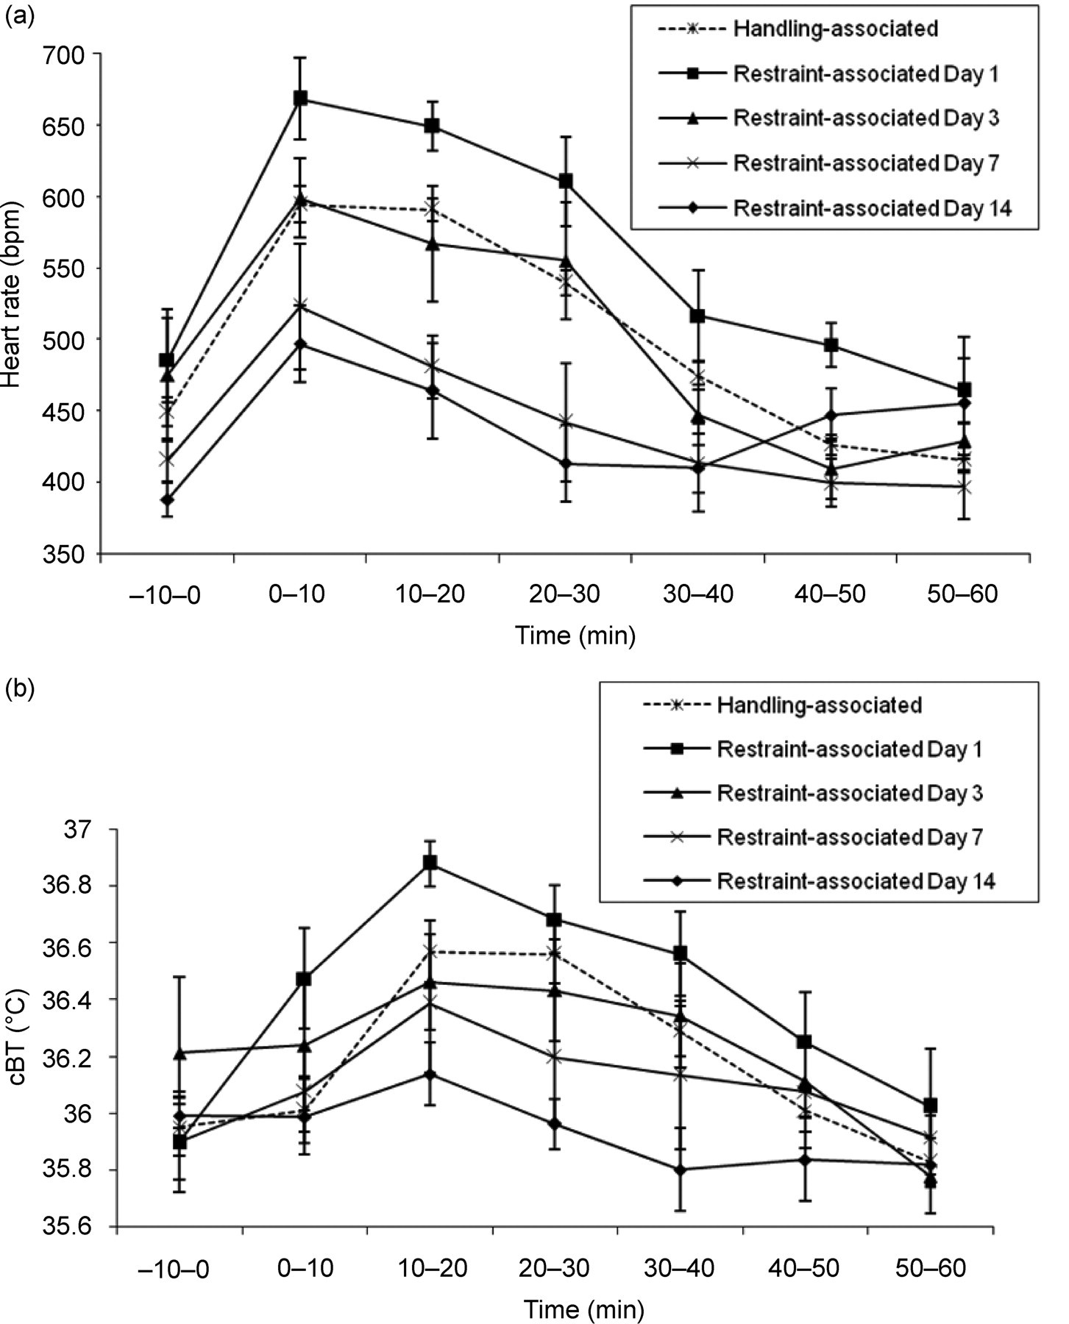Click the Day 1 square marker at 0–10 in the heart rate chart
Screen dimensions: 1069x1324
300,99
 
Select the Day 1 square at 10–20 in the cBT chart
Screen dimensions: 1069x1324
430,862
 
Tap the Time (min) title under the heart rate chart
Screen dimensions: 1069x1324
575,635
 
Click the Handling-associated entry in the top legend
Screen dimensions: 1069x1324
835,29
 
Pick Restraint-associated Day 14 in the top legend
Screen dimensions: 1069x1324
872,208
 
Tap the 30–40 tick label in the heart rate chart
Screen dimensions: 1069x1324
697,594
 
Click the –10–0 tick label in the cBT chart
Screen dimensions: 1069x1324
172,1269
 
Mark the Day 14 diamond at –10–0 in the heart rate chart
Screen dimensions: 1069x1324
167,500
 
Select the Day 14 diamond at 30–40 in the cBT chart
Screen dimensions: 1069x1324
680,1170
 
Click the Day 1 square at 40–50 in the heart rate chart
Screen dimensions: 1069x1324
831,345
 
